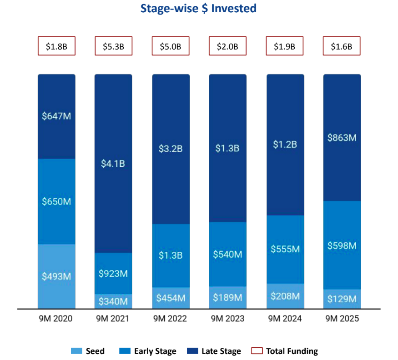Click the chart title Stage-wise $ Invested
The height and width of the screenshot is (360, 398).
[198, 9]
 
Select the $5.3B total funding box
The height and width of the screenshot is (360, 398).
[113, 46]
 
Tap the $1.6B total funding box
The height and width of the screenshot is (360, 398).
[342, 46]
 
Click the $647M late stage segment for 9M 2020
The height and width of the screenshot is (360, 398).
[56, 116]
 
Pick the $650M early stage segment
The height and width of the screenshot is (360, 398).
[56, 201]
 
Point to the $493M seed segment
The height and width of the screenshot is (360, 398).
[56, 276]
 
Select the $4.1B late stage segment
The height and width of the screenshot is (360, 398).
[113, 164]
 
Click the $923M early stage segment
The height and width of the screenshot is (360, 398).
[113, 274]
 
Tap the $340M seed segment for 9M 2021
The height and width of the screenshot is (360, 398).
[113, 301]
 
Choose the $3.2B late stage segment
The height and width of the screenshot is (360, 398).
[171, 149]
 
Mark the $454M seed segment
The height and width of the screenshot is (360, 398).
[171, 298]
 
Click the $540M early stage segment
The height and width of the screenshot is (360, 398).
[227, 254]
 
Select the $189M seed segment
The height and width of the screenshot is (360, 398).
[227, 298]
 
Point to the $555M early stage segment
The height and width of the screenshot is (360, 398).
[285, 249]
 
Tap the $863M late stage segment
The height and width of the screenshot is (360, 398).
[342, 138]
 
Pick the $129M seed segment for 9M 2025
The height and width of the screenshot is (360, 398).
[342, 299]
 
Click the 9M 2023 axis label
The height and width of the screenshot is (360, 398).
[227, 319]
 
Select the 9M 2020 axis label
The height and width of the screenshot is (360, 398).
[56, 319]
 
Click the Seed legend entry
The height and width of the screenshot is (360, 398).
[88, 351]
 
